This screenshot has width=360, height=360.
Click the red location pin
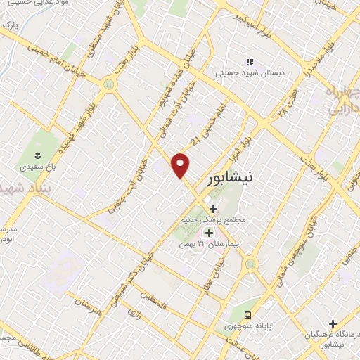[x=181, y=165]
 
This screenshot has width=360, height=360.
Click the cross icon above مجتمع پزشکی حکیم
[x=213, y=209]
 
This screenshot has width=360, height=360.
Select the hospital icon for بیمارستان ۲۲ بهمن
[x=208, y=233]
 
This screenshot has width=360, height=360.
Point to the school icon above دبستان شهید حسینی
[x=247, y=61]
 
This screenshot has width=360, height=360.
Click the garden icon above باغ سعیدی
[x=38, y=154]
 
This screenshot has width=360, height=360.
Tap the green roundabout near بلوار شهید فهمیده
[x=108, y=85]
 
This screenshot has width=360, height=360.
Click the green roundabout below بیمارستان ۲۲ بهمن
[x=250, y=265]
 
